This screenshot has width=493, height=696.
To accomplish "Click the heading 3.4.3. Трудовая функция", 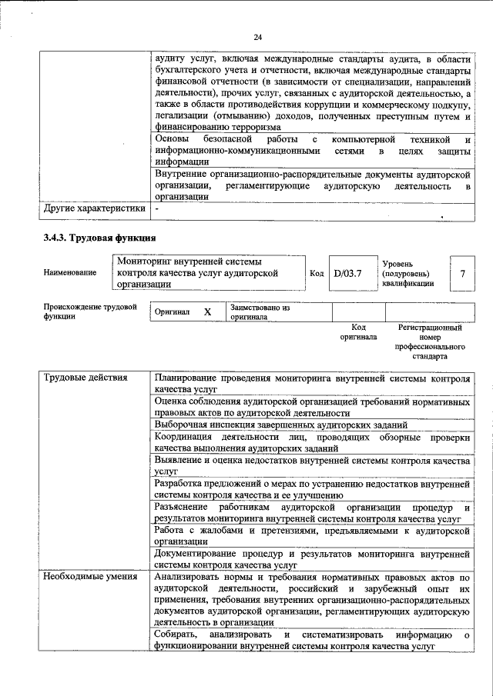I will tap(100, 238).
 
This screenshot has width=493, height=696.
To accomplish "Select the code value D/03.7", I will tap(347, 272).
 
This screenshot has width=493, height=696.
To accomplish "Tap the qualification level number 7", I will tap(461, 273).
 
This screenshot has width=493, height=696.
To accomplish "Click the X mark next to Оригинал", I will tap(207, 312).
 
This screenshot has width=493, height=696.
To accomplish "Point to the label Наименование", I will tap(70, 272).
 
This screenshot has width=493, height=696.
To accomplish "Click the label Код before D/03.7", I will tap(316, 272).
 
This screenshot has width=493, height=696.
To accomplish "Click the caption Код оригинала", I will tap(358, 332).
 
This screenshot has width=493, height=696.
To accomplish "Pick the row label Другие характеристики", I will tap(93, 208).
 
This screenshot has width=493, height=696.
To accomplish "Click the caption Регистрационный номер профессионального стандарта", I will tap(430, 342).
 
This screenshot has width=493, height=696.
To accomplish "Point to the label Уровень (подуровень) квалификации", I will tap(407, 273).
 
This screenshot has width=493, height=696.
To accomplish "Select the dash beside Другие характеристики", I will tap(157, 208).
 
